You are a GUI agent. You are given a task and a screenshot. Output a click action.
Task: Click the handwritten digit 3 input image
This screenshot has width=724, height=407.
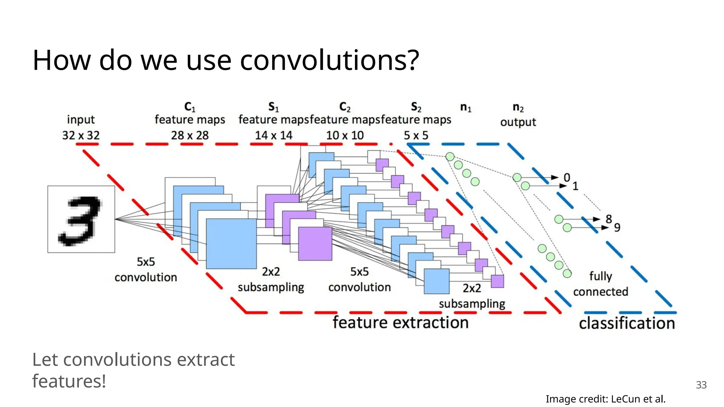pos(81,219)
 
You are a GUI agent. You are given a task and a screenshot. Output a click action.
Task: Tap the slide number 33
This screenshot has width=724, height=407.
pos(701,385)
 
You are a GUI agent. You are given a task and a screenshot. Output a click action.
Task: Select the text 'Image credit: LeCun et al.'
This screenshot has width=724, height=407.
pos(605,399)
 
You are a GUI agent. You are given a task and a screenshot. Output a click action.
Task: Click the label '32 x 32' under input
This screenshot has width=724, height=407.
pos(81,135)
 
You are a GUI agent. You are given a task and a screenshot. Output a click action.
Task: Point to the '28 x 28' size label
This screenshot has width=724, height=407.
pos(190,135)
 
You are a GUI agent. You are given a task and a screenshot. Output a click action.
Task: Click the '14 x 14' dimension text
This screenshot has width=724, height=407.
pos(274,135)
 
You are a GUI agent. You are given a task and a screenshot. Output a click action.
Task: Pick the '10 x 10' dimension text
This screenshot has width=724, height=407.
pos(345,135)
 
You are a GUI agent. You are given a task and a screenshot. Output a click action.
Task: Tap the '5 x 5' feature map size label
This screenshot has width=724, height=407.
pos(416,135)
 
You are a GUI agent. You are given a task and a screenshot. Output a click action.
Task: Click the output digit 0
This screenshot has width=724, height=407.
pos(567,177)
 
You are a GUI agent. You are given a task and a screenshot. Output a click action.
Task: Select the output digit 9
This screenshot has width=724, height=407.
pos(617,228)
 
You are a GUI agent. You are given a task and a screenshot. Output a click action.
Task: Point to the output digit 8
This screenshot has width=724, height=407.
pos(608,219)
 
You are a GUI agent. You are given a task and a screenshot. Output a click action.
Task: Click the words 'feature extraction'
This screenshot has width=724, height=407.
pos(400,323)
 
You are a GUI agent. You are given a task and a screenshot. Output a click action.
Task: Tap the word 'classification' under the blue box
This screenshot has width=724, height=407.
pos(626,323)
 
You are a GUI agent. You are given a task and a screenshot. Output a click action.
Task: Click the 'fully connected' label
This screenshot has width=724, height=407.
pos(600,284)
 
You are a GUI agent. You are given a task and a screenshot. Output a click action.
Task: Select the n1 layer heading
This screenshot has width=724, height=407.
pos(466,107)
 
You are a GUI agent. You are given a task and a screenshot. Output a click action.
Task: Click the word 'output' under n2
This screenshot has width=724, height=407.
pos(518,122)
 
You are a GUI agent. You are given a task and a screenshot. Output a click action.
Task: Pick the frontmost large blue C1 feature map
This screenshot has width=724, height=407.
pos(231,244)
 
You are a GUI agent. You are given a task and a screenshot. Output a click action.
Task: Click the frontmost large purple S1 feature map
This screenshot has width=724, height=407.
pos(315,244)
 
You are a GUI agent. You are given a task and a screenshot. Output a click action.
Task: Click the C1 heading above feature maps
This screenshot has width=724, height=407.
pos(190,107)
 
